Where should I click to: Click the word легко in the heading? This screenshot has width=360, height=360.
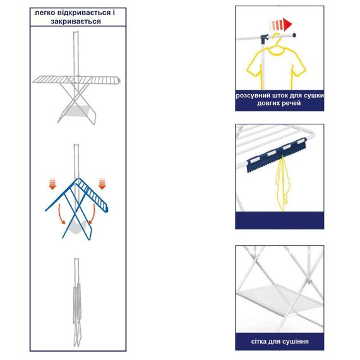45,13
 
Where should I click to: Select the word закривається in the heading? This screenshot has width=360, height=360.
76,21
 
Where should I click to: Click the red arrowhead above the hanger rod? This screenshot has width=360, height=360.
287,25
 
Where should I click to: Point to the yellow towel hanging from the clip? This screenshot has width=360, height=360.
283,184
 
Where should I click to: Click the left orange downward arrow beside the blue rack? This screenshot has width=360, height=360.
52,184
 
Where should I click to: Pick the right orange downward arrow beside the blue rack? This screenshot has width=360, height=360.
102,184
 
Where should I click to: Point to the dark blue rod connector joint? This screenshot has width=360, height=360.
265,38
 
